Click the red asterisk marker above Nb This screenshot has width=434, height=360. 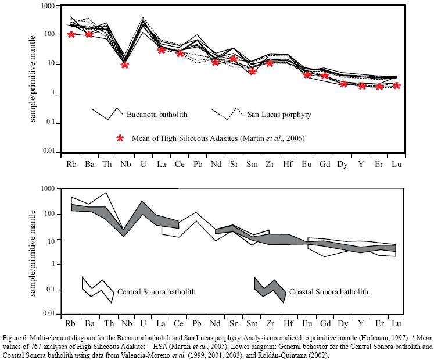[125, 65]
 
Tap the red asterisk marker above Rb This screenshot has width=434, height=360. [71, 34]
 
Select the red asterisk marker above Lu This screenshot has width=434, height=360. [397, 85]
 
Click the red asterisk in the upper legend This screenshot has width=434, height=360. [120, 138]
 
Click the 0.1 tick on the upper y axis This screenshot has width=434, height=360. [51, 122]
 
